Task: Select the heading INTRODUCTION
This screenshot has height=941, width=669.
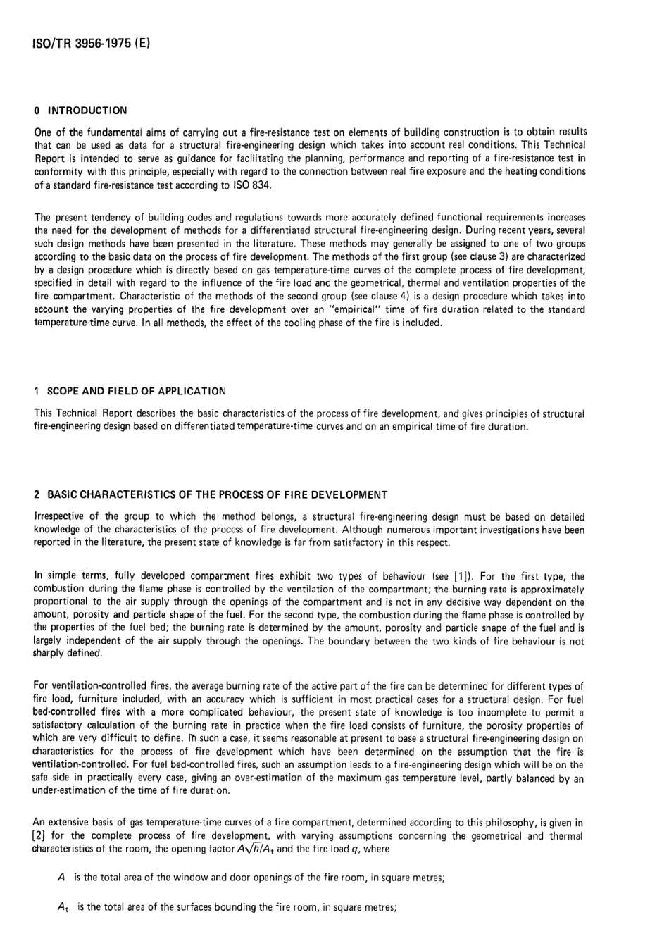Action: click(x=87, y=111)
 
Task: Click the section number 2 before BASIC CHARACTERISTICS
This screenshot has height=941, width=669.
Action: click(x=37, y=494)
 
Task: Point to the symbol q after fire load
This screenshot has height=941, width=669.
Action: click(x=356, y=849)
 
